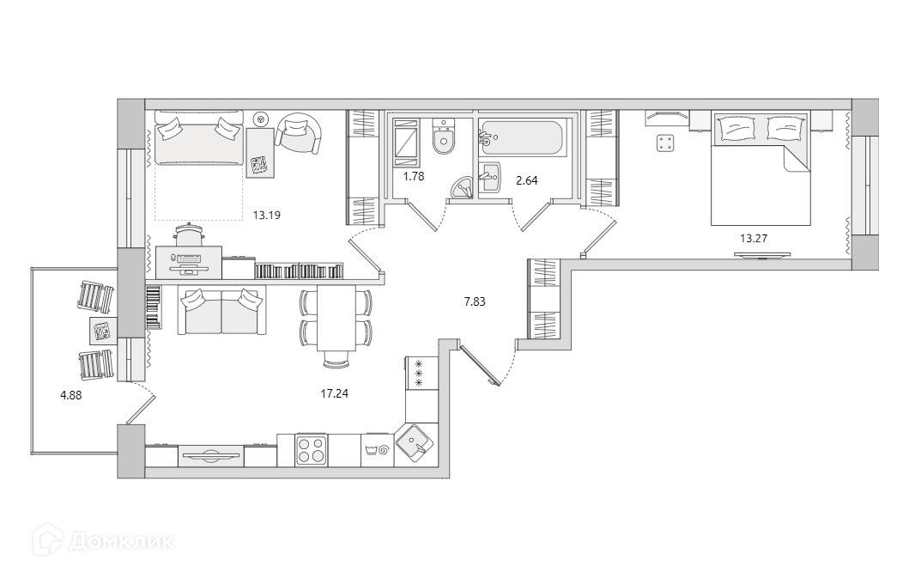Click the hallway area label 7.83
click(x=476, y=301)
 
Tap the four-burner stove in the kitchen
click(x=312, y=449)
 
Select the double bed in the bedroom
click(x=761, y=168)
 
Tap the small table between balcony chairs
click(x=102, y=330)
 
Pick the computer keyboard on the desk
click(x=191, y=259)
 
